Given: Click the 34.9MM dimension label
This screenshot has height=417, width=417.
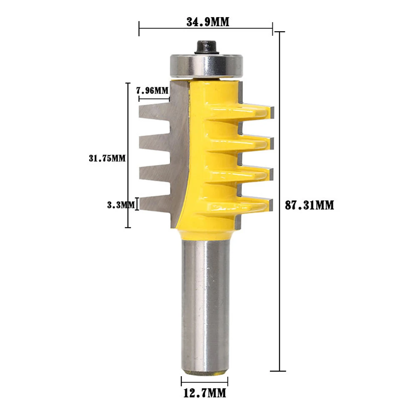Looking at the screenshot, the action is click(208, 22).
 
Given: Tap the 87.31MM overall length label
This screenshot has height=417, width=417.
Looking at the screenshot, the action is click(309, 205).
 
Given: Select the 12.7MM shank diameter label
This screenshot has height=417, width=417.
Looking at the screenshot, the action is click(205, 393).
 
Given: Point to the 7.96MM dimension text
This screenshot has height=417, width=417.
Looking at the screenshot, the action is click(152, 90).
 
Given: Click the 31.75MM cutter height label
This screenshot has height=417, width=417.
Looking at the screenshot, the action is click(107, 158).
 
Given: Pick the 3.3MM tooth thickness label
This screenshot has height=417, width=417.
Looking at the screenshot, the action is click(121, 205).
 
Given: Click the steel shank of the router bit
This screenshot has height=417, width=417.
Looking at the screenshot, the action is click(205, 306).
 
